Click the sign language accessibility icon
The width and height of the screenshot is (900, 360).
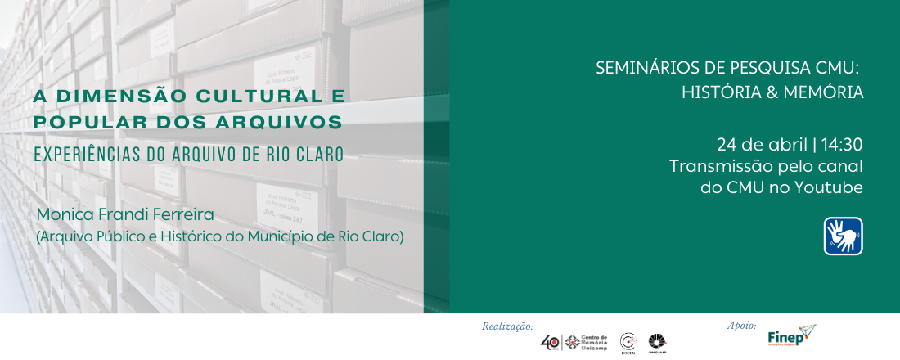pos(843,236)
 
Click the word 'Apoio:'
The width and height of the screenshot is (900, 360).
pos(742,325)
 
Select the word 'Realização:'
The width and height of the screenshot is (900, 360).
pos(507,326)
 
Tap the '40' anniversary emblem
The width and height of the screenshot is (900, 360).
pos(551,342)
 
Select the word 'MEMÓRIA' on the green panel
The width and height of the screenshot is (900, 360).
pos(823,92)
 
